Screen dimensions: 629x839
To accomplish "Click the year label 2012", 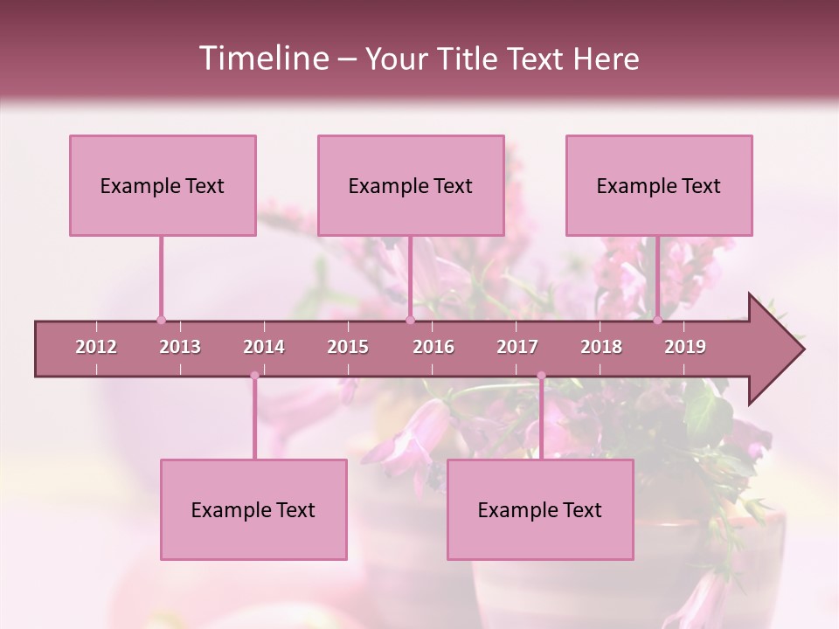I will (x=96, y=347).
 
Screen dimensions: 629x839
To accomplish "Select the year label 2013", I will (x=180, y=347).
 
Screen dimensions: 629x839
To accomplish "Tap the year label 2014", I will (x=264, y=347).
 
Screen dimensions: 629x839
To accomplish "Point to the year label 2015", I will (x=348, y=347).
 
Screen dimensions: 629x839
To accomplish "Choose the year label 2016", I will (x=433, y=347).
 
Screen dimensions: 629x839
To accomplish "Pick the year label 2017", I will (x=517, y=347).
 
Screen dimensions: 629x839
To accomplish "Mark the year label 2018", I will (x=601, y=347).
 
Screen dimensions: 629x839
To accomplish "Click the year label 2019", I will (x=685, y=347).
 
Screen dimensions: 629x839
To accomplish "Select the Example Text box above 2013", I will (x=163, y=185).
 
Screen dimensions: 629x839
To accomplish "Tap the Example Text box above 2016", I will (x=411, y=185).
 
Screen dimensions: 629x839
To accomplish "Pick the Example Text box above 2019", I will (x=659, y=185).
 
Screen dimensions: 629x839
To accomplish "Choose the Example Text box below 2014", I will (x=253, y=509).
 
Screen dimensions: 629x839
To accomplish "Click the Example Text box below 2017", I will (x=540, y=509).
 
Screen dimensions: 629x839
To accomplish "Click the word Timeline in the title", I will (x=262, y=59).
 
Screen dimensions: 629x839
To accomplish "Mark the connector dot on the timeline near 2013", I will (x=161, y=320).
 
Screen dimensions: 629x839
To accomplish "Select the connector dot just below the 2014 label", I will (x=254, y=376).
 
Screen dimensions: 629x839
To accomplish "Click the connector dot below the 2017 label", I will (x=541, y=376).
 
